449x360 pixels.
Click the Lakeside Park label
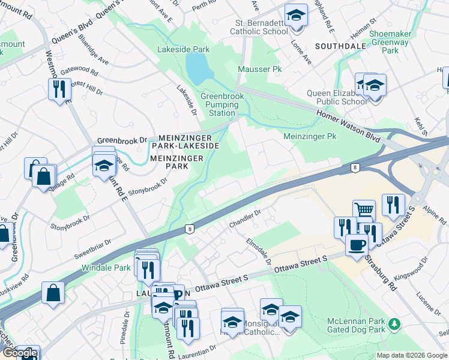pyautogui.click(x=183, y=49)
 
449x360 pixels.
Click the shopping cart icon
pyautogui.click(x=364, y=211)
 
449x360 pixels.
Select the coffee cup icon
pyautogui.click(x=357, y=245)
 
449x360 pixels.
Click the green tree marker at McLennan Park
pyautogui.click(x=394, y=325)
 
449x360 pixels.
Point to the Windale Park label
pyautogui.click(x=106, y=267)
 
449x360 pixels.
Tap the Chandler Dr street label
pyautogui.click(x=244, y=219)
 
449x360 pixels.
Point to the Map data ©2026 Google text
pyautogui.click(x=411, y=355)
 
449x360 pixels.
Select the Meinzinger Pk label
pyautogui.click(x=310, y=137)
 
